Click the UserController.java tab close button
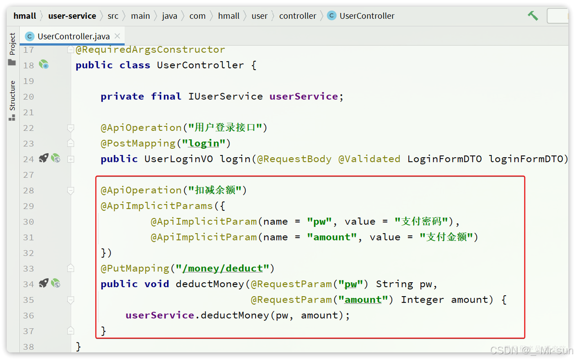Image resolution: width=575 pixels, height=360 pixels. pos(117,36)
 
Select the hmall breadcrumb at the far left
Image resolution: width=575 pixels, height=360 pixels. pos(25,16)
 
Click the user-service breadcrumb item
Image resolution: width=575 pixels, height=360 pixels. pos(72,16)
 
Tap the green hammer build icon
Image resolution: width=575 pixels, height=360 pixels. pos(533,16)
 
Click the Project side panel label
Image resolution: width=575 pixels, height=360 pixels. pos(12,44)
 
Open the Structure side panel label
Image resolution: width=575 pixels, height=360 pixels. pos(12,95)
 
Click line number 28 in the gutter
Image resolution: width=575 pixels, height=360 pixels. pos(28,191)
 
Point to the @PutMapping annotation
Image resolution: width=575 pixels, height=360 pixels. pos(135,269)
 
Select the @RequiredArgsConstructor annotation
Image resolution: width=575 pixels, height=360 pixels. pos(150,49)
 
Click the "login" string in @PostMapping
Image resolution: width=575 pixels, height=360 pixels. pos(203,143)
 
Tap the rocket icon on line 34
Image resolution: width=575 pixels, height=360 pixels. pos(43,283)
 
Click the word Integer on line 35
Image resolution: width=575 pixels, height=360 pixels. pos(422,300)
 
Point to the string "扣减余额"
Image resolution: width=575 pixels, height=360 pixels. pos(215,191)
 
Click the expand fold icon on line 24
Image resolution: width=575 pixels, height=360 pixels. pos(71,159)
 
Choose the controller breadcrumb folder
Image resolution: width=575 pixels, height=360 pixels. pos(297,16)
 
